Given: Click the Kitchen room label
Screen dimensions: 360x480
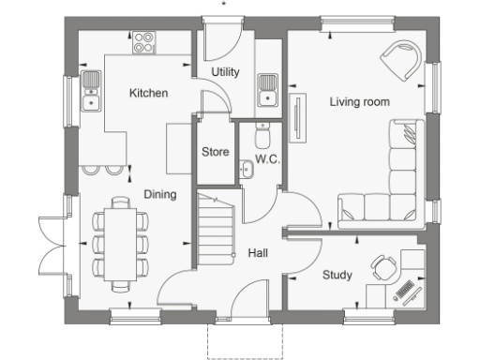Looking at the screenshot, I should coord(148,93).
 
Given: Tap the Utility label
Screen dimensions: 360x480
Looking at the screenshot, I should coord(225,72).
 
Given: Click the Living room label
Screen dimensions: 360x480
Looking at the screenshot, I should coord(359,101).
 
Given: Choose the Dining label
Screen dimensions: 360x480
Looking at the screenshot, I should coord(159,194).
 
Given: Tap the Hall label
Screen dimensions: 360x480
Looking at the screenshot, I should coord(259,253).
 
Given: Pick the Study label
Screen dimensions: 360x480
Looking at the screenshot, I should coord(337,275).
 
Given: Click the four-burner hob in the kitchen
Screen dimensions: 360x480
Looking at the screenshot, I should coord(144,41).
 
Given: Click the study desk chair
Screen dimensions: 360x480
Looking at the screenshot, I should coord(382,269).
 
